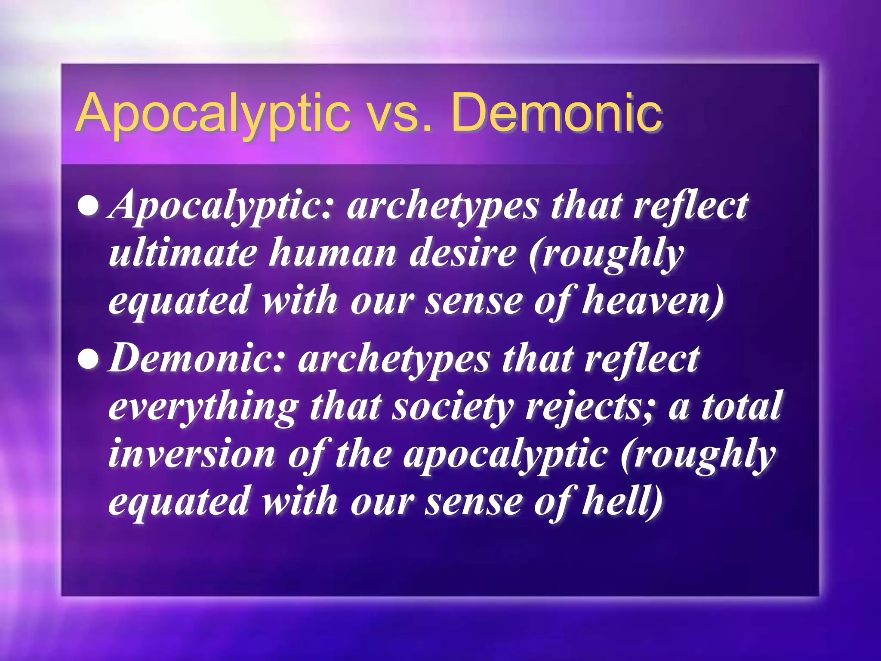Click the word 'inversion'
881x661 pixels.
click(x=192, y=454)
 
